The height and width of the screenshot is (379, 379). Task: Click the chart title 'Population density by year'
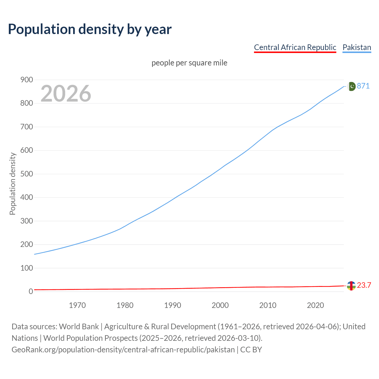point(90,29)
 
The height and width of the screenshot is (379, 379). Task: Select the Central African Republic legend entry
point(295,47)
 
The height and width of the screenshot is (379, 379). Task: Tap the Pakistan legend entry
point(356,47)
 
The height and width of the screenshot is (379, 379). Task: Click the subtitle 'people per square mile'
point(189,63)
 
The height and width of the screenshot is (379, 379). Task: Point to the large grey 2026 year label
point(66,94)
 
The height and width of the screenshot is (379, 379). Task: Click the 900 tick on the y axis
point(26,80)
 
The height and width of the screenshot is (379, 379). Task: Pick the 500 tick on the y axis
point(26,174)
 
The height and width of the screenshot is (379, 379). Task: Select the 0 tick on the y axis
point(31,291)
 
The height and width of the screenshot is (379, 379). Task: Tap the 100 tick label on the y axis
point(26,268)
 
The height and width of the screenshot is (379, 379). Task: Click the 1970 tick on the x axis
point(77,305)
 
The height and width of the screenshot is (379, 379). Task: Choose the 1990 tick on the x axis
point(173,305)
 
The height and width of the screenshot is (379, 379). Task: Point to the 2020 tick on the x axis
point(315,305)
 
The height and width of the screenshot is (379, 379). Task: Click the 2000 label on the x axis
point(220,305)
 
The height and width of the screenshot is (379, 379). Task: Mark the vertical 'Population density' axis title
point(12,184)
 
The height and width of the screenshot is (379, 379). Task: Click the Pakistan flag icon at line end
point(351,86)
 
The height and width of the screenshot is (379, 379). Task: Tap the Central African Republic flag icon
point(351,286)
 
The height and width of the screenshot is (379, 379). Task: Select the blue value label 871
point(363,86)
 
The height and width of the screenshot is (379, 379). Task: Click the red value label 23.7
point(364,285)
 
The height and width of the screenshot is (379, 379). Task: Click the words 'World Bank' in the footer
point(79,327)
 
